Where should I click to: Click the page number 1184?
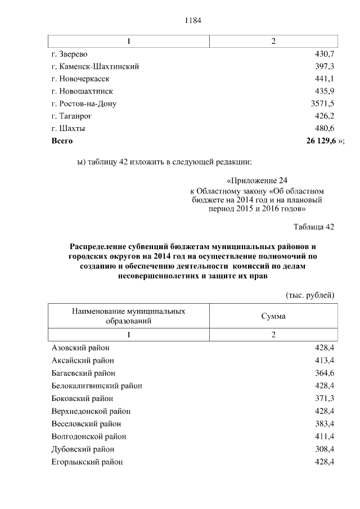coord(192,21)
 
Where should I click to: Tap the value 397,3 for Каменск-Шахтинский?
coord(325,66)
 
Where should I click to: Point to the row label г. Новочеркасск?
coord(80,79)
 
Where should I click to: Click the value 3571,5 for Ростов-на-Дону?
coord(323,103)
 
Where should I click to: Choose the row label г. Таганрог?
coord(71,116)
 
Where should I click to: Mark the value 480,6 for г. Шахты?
coord(325,128)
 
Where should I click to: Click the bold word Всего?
coord(62,141)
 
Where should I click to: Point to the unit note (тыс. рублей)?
coord(310,295)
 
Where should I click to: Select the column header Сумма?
coord(273,316)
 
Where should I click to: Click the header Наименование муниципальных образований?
coord(128,316)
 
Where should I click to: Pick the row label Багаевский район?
coord(83,373)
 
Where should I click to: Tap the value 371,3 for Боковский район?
coord(325,398)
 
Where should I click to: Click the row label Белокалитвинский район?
coord(96,385)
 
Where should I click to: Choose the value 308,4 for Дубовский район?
coord(325,449)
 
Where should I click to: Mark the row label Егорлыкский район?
coord(87,462)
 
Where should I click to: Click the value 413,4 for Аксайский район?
coord(325,361)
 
